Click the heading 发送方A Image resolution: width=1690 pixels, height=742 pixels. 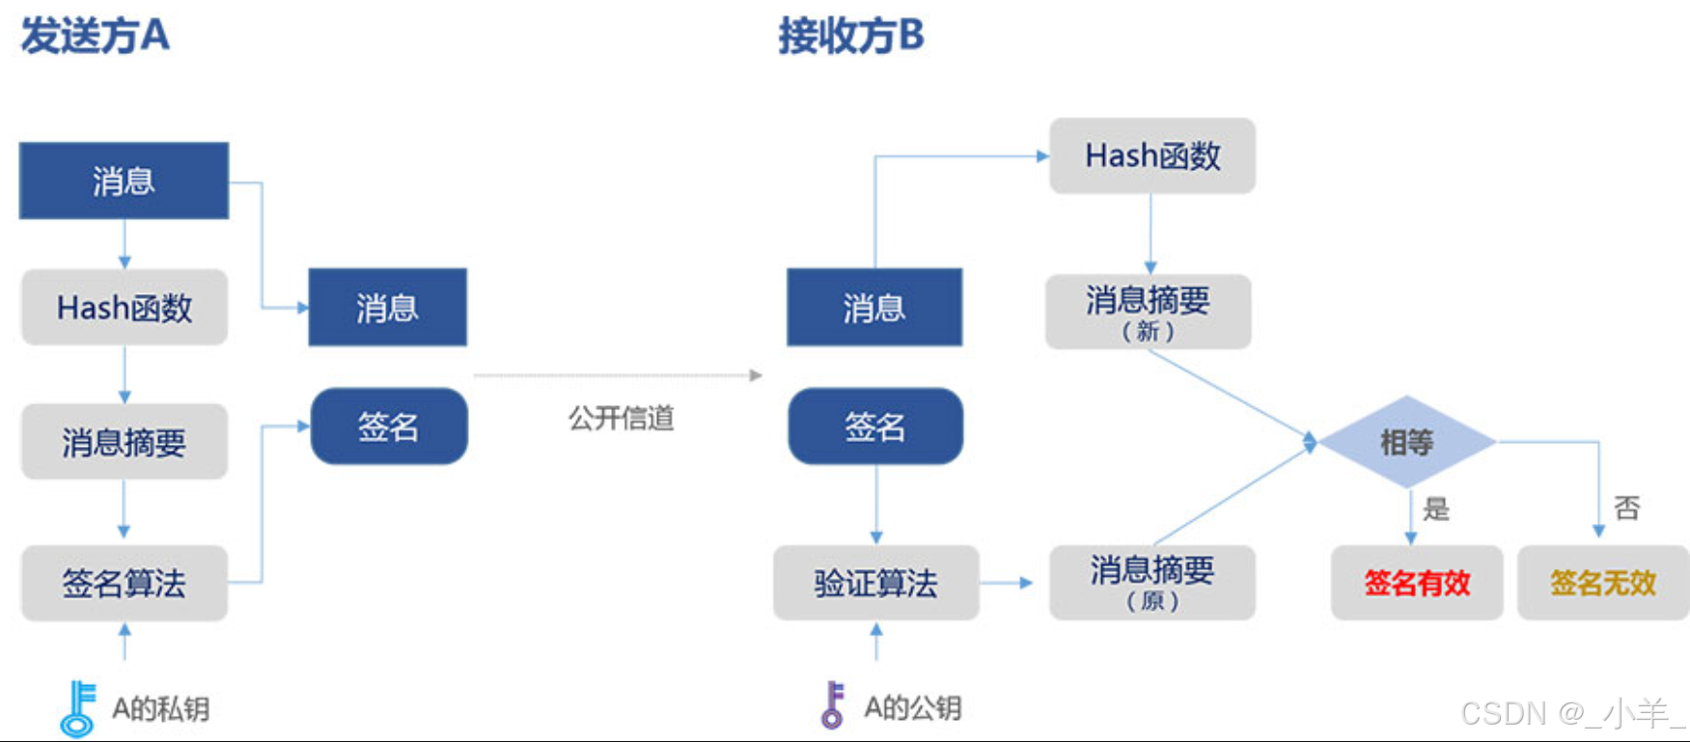(x=96, y=37)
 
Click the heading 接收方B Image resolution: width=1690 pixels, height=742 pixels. (x=851, y=37)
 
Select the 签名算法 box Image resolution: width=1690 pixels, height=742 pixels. (x=125, y=583)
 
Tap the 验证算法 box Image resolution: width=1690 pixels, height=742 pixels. (x=875, y=583)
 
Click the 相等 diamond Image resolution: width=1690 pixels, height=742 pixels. (x=1406, y=442)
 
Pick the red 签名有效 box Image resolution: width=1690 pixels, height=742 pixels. (x=1416, y=583)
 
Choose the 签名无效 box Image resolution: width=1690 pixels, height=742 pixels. (x=1602, y=583)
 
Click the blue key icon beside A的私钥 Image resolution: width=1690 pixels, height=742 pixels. (x=78, y=709)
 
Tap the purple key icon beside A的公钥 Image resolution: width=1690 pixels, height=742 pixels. (x=832, y=705)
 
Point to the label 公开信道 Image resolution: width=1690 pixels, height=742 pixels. (x=621, y=418)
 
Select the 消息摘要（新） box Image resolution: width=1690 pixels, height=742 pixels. (x=1148, y=312)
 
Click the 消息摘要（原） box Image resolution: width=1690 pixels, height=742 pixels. (x=1151, y=583)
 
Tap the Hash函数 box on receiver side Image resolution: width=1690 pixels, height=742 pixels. (x=1152, y=155)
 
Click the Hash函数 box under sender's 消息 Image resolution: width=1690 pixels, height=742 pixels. (x=125, y=308)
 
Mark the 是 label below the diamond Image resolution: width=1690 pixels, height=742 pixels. (x=1436, y=508)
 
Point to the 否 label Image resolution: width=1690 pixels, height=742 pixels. (x=1626, y=508)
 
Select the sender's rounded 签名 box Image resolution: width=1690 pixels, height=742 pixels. (x=389, y=426)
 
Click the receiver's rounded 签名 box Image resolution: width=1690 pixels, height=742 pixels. (x=875, y=426)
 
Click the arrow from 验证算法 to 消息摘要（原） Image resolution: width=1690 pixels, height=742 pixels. (x=1007, y=583)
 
